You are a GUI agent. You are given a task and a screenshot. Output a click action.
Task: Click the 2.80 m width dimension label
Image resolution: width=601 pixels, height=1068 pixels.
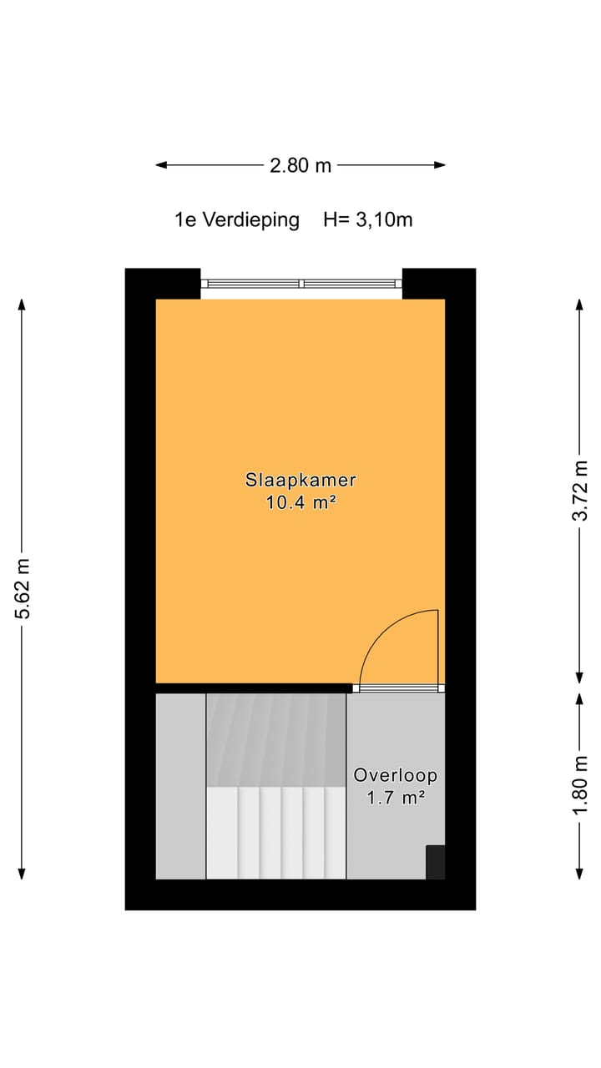(300, 165)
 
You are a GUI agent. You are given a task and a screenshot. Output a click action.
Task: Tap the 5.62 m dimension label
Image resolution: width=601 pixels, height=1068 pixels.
(23, 588)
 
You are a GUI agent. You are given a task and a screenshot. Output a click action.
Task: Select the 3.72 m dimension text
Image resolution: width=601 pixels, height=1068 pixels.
(580, 490)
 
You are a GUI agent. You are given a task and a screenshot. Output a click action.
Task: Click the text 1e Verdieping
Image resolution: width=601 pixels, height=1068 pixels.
(236, 220)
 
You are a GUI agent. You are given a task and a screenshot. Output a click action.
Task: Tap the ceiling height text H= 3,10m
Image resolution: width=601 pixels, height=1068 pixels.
(368, 220)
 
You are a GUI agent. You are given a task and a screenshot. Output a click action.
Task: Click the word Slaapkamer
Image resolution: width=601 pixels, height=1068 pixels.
(300, 481)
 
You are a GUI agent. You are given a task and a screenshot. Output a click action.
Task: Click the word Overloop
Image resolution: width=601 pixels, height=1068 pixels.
(395, 775)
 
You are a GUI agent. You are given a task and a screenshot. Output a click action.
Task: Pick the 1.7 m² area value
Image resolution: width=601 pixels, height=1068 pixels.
(395, 798)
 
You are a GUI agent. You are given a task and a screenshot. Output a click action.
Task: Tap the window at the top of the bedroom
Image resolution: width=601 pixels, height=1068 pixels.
(301, 284)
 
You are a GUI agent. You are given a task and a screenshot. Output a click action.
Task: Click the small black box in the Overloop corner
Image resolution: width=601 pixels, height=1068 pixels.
(435, 862)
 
